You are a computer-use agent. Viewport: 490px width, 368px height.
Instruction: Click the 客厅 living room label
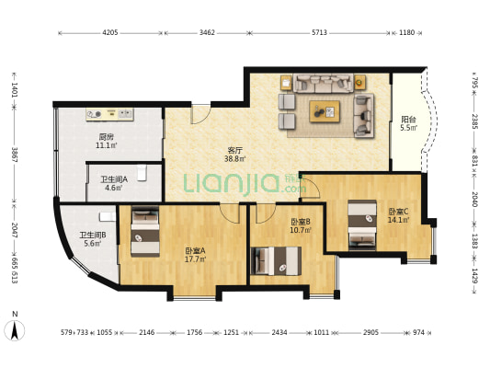pos(235,149)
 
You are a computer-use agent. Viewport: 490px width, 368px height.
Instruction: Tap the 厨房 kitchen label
pos(107,137)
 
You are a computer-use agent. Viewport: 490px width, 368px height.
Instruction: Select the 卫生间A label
pos(114,179)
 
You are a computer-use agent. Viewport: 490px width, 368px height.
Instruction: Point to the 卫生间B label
pos(93,235)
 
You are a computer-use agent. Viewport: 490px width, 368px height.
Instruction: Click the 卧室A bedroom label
pos(195,250)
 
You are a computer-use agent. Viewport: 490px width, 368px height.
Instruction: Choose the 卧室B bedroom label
pos(301,222)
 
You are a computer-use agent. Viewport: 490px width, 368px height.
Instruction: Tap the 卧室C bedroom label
pos(398,212)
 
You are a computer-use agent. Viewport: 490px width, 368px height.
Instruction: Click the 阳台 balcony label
pos(409,119)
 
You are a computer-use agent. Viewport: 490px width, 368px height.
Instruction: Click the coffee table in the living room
pos(325,111)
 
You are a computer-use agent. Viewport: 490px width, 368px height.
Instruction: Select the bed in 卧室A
pos(145,231)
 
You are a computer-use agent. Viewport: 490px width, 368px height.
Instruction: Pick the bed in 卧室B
pos(276,261)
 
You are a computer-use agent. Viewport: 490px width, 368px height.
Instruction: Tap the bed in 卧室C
pos(362,225)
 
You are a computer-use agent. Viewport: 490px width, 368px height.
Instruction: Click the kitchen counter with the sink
pos(110,114)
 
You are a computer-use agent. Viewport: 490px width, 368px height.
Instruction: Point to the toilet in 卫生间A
pos(142,173)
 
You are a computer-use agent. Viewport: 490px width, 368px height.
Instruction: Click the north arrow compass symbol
pos(15,330)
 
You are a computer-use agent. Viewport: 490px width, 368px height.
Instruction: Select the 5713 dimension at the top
pos(319,32)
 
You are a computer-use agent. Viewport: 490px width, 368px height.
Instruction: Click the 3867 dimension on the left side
pos(15,155)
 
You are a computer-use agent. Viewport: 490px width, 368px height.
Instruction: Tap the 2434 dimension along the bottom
pos(279,332)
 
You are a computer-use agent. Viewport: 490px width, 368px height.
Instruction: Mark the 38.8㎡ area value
pos(235,158)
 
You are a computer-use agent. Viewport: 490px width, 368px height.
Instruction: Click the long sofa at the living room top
pos(323,83)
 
